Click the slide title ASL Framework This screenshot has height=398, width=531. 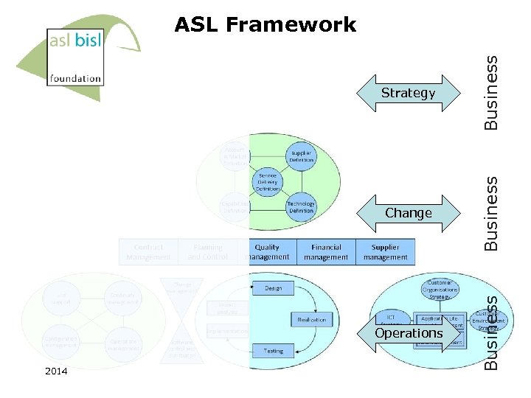click(265, 25)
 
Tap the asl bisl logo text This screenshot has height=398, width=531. click(75, 40)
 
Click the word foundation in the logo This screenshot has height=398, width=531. click(75, 77)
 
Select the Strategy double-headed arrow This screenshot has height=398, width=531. click(408, 93)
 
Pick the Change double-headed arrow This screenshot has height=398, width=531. click(408, 213)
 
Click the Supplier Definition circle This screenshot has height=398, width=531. click(302, 156)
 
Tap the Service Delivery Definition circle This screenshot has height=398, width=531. click(266, 181)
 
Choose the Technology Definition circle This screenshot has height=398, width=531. click(301, 207)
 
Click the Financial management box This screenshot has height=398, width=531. click(326, 252)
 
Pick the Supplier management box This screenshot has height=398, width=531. click(385, 252)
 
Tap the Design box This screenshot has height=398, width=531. click(273, 289)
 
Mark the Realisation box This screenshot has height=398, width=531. click(312, 320)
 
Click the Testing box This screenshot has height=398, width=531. click(273, 351)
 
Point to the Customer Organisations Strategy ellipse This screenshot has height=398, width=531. click(440, 289)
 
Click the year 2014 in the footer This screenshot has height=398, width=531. click(55, 371)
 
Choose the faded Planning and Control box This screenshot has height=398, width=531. click(208, 252)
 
